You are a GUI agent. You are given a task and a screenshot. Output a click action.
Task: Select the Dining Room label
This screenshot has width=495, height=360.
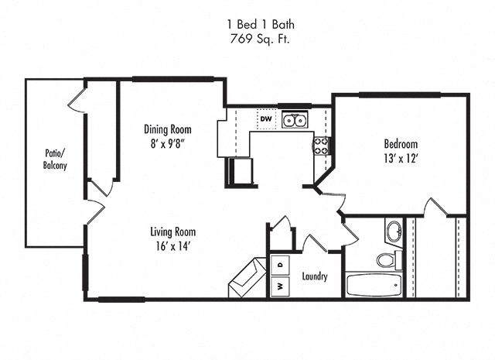pyautogui.click(x=167, y=129)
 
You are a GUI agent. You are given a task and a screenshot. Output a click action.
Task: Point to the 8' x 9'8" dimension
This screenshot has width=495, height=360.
pyautogui.click(x=167, y=142)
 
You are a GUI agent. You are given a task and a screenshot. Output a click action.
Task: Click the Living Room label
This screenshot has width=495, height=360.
pyautogui.click(x=172, y=231)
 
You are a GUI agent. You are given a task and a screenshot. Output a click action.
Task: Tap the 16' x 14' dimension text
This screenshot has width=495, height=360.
pyautogui.click(x=172, y=245)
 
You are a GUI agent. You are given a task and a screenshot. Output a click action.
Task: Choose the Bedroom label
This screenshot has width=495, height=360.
pyautogui.click(x=401, y=144)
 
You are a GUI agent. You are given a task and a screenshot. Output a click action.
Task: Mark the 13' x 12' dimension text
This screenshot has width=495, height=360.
pyautogui.click(x=401, y=158)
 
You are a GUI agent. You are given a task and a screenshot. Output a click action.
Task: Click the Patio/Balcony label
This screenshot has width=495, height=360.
pyautogui.click(x=55, y=159)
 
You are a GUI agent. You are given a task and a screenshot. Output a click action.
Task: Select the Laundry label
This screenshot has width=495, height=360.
pyautogui.click(x=314, y=276)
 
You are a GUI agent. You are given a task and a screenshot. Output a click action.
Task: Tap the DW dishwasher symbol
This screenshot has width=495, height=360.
pyautogui.click(x=265, y=119)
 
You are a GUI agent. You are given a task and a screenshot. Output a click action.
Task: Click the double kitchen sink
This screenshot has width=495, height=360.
pyautogui.click(x=295, y=120)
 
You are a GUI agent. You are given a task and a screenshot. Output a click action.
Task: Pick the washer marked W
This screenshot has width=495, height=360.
pyautogui.click(x=279, y=286)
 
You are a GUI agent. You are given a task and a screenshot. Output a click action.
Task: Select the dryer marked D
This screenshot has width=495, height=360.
pyautogui.click(x=279, y=264)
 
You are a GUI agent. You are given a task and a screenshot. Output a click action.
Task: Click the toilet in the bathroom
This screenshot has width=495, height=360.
pyautogui.click(x=390, y=258)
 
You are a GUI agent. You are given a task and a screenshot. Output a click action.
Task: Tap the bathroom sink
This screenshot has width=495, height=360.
pyautogui.click(x=394, y=231)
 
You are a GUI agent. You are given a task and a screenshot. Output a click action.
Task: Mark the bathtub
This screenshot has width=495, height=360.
pyautogui.click(x=374, y=285)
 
